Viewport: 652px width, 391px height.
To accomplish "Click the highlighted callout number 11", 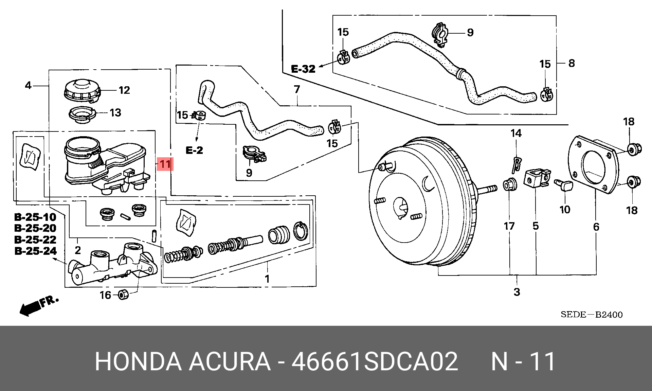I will tap(165, 164).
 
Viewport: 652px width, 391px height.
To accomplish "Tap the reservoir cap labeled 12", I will tap(82, 90).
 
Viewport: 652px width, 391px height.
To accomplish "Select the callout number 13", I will tap(115, 113).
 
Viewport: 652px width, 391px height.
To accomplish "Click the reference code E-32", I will tap(303, 69).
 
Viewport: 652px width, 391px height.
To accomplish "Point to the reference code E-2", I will tap(194, 150).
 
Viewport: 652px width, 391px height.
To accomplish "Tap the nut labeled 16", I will tap(123, 294).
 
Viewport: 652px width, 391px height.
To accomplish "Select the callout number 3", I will tap(517, 292).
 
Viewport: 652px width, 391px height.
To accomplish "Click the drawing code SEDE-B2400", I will tap(592, 315).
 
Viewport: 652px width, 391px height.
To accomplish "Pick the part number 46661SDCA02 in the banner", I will tap(375, 361).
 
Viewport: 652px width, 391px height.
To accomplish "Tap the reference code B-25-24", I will tap(36, 251).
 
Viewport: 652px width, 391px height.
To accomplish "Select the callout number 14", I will tap(516, 133).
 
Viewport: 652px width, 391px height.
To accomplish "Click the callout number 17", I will tap(509, 226).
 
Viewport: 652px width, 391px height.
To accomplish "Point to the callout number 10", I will tap(565, 210).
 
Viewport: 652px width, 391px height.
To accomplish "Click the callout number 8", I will tap(572, 63).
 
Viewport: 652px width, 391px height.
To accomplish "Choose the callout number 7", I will tap(297, 89).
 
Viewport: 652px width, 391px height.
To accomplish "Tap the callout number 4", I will tap(28, 85).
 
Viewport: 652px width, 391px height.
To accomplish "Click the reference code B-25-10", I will tap(35, 217).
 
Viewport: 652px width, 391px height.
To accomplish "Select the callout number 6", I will tap(596, 227).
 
